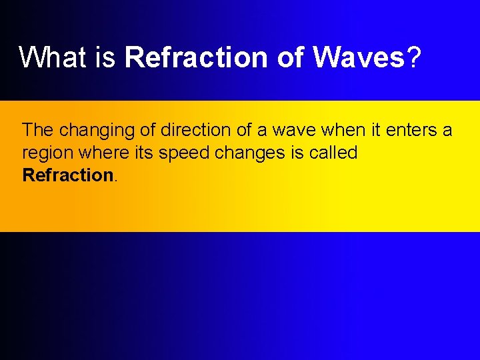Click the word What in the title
coord(53,58)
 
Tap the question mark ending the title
coord(414,58)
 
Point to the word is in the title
coord(106,58)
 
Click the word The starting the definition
coord(38,129)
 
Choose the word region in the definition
coord(48,153)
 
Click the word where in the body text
coord(105,153)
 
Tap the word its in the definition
coord(145,153)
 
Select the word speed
coord(185,153)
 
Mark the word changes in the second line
coord(253,153)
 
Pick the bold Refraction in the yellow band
coord(68,175)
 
